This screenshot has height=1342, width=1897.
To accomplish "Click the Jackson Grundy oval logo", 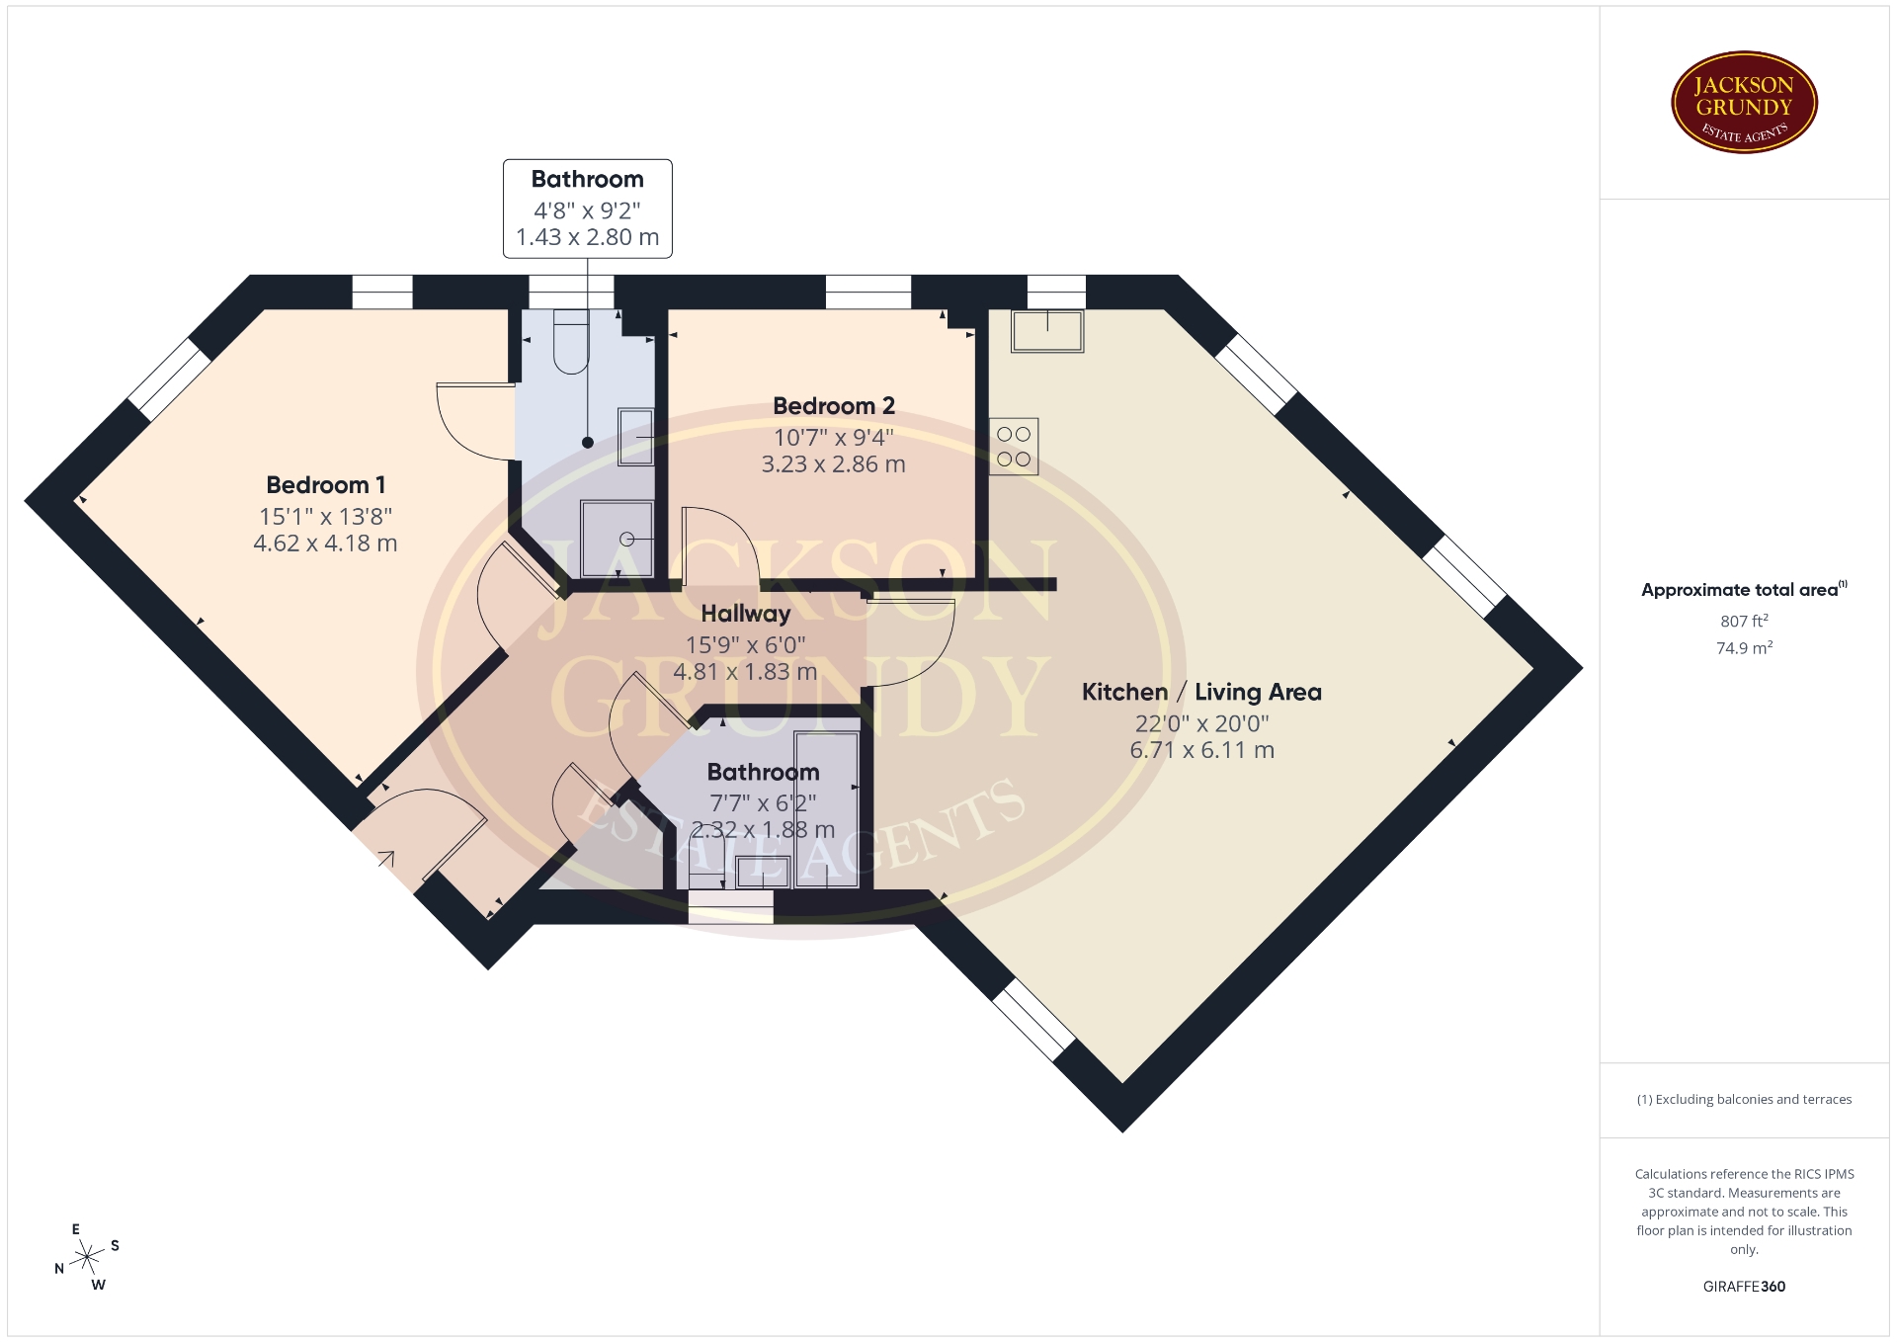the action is [x=1744, y=103].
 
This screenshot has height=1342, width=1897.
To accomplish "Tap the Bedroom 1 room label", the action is [x=326, y=485].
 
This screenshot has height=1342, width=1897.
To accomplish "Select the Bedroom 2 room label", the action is [x=834, y=406].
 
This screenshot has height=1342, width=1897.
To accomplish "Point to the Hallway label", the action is [x=746, y=614].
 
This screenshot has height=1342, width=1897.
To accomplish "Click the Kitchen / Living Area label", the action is [x=1201, y=692].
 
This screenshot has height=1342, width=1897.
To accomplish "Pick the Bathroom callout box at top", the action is [x=588, y=209].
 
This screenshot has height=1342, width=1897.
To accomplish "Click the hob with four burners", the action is [x=1014, y=447].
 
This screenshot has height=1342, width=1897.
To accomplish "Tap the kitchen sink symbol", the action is [x=1047, y=331].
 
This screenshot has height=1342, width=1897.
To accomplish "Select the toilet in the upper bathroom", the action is [x=571, y=342].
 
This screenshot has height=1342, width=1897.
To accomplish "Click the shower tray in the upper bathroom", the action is [x=618, y=539].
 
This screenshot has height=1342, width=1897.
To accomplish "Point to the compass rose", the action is [x=88, y=1257].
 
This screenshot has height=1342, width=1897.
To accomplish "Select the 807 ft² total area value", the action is [x=1744, y=621].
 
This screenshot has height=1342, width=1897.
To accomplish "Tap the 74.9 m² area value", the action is [x=1744, y=648].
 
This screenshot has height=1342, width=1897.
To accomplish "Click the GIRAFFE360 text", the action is [x=1744, y=1287].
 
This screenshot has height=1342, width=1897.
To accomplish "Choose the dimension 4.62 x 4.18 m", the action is [x=325, y=544].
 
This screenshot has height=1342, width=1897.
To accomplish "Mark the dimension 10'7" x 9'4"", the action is [x=833, y=437].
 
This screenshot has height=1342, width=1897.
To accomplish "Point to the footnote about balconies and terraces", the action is [x=1744, y=1100].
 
